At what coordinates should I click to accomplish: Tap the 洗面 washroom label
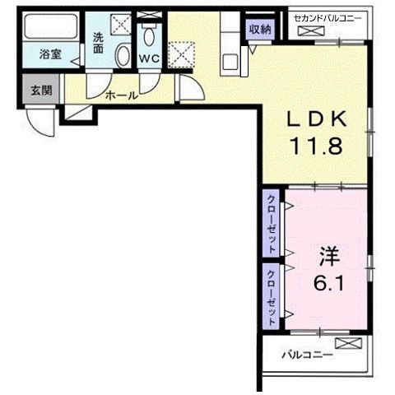pos(98,43)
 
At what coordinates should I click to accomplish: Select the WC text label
pos(149,59)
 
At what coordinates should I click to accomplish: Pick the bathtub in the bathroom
pos(50,30)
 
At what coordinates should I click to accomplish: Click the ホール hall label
pos(121,95)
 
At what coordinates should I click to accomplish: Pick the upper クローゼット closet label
pos(272,222)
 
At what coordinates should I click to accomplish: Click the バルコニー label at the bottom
pos(305,355)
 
